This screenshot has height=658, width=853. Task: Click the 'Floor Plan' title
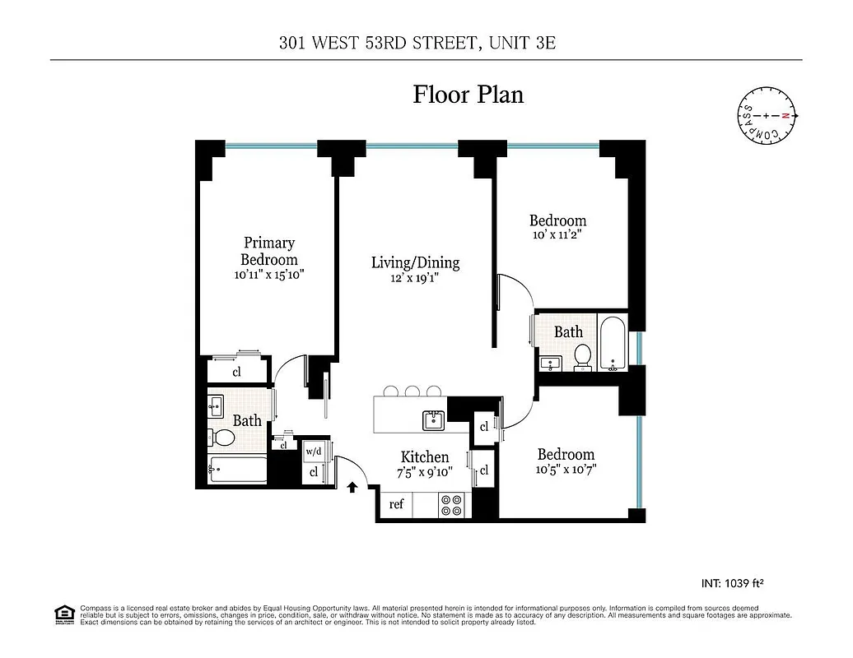coord(468,95)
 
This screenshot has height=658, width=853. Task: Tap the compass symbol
coord(767,116)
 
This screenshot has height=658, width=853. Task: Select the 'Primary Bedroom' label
coord(268,251)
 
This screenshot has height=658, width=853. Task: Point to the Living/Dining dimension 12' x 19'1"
coord(415,278)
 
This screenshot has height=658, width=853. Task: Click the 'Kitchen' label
coord(425,456)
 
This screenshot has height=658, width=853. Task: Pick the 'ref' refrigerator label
coord(396,504)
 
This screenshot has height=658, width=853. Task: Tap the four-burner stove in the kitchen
coord(450,504)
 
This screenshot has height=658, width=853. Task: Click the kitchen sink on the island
coord(434,420)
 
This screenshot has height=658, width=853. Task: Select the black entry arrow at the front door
coord(352,487)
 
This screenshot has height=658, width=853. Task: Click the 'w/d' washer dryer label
coord(313,452)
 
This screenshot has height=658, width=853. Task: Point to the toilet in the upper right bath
coord(583,356)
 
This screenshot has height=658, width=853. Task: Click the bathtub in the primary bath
coord(238,471)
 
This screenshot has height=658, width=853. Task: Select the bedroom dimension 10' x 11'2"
coord(557,234)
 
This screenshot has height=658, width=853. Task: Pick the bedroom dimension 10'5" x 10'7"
coord(566,470)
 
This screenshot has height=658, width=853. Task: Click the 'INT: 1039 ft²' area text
coord(732,583)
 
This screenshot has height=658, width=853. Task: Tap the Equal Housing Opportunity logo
coord(63,614)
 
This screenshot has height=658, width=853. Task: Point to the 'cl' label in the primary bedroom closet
coord(237,371)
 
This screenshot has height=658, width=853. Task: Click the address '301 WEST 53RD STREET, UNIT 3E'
coord(417,43)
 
